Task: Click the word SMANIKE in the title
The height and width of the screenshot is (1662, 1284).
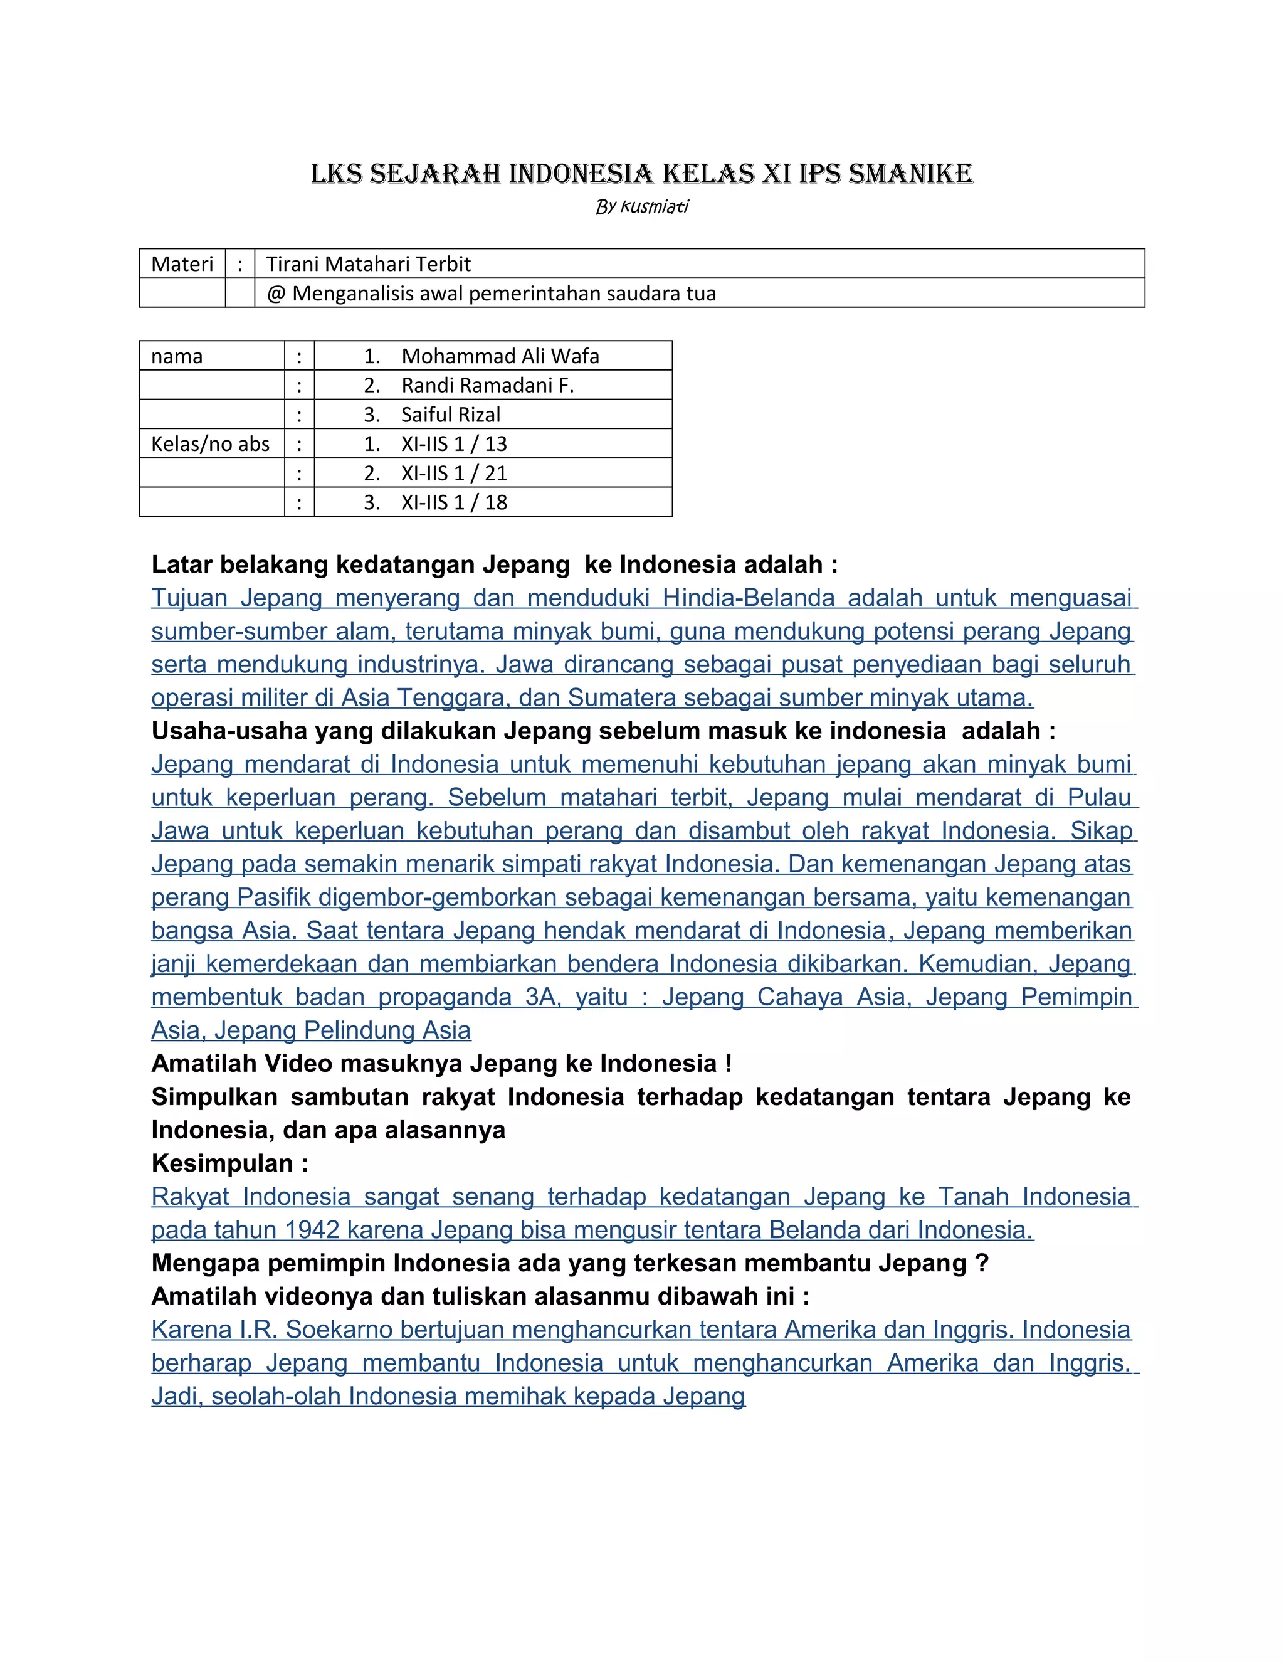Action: [x=910, y=174]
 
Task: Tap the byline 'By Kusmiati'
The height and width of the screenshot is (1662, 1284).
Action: [x=642, y=207]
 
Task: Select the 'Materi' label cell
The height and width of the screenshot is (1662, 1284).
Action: [x=182, y=264]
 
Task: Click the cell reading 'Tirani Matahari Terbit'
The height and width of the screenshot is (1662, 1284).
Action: [x=368, y=264]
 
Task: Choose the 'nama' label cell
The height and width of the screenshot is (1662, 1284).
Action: [x=177, y=356]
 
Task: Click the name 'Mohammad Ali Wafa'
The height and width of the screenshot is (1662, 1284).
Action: [x=500, y=356]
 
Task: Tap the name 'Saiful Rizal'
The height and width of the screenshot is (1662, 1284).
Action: [x=450, y=415]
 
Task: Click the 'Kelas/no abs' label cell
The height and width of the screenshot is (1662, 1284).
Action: [x=210, y=443]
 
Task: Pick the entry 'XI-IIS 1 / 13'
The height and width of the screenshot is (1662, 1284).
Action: [x=453, y=443]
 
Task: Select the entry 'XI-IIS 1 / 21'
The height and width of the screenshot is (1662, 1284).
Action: [x=453, y=474]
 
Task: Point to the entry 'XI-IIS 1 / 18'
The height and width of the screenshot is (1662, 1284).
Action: [x=453, y=502]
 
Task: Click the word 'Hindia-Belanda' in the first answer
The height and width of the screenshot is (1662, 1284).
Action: [x=749, y=598]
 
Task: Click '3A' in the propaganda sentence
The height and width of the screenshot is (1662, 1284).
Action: [x=541, y=997]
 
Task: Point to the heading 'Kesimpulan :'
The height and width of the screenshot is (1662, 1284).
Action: [x=229, y=1163]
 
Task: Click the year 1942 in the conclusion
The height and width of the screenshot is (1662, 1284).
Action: [x=312, y=1230]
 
